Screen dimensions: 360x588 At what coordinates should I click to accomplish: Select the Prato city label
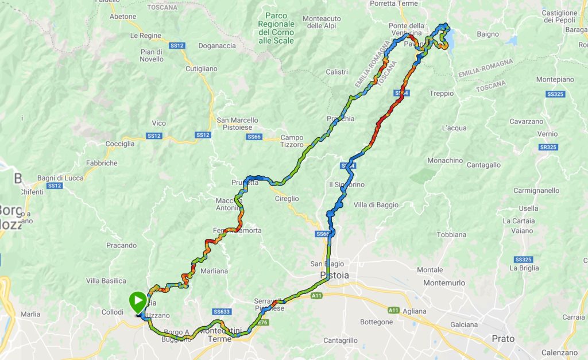tap(503, 338)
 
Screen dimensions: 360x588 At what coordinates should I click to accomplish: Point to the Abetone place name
tap(123, 17)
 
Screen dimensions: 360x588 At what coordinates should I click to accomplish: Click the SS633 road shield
tap(221, 312)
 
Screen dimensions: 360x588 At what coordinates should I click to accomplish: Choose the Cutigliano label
tap(202, 68)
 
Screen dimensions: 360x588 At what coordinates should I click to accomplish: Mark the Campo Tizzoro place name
tap(292, 141)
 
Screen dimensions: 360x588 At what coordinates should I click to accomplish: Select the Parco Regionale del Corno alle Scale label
tap(276, 28)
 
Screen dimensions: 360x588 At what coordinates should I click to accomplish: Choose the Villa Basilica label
tap(106, 281)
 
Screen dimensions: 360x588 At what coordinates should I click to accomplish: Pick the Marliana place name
tap(215, 271)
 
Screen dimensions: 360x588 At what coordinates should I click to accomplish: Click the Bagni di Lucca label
tap(60, 178)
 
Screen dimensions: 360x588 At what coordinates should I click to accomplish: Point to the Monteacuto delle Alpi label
tap(322, 22)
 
